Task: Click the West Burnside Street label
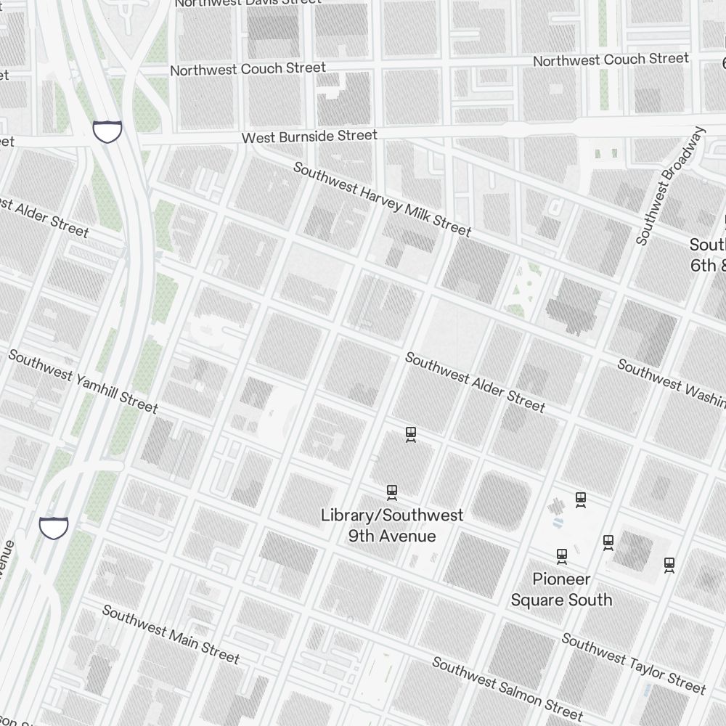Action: coord(309,136)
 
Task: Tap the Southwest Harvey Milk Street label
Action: coord(382,199)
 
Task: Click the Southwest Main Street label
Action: coord(171,634)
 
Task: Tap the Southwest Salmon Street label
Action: coord(507,688)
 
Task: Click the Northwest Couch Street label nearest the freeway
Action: coord(248,69)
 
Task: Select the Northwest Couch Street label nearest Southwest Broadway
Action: coord(611,60)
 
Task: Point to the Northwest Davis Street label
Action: coord(248,2)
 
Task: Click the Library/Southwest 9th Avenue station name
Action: coord(392,526)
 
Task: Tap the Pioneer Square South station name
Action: coord(561,589)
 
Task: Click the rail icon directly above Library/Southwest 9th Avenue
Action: coord(392,493)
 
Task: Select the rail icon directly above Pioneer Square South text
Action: coord(561,556)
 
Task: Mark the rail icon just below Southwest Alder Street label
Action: coord(411,435)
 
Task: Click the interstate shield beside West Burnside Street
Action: coord(107,131)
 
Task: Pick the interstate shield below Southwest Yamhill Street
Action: coord(54,528)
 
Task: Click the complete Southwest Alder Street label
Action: coord(475,382)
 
